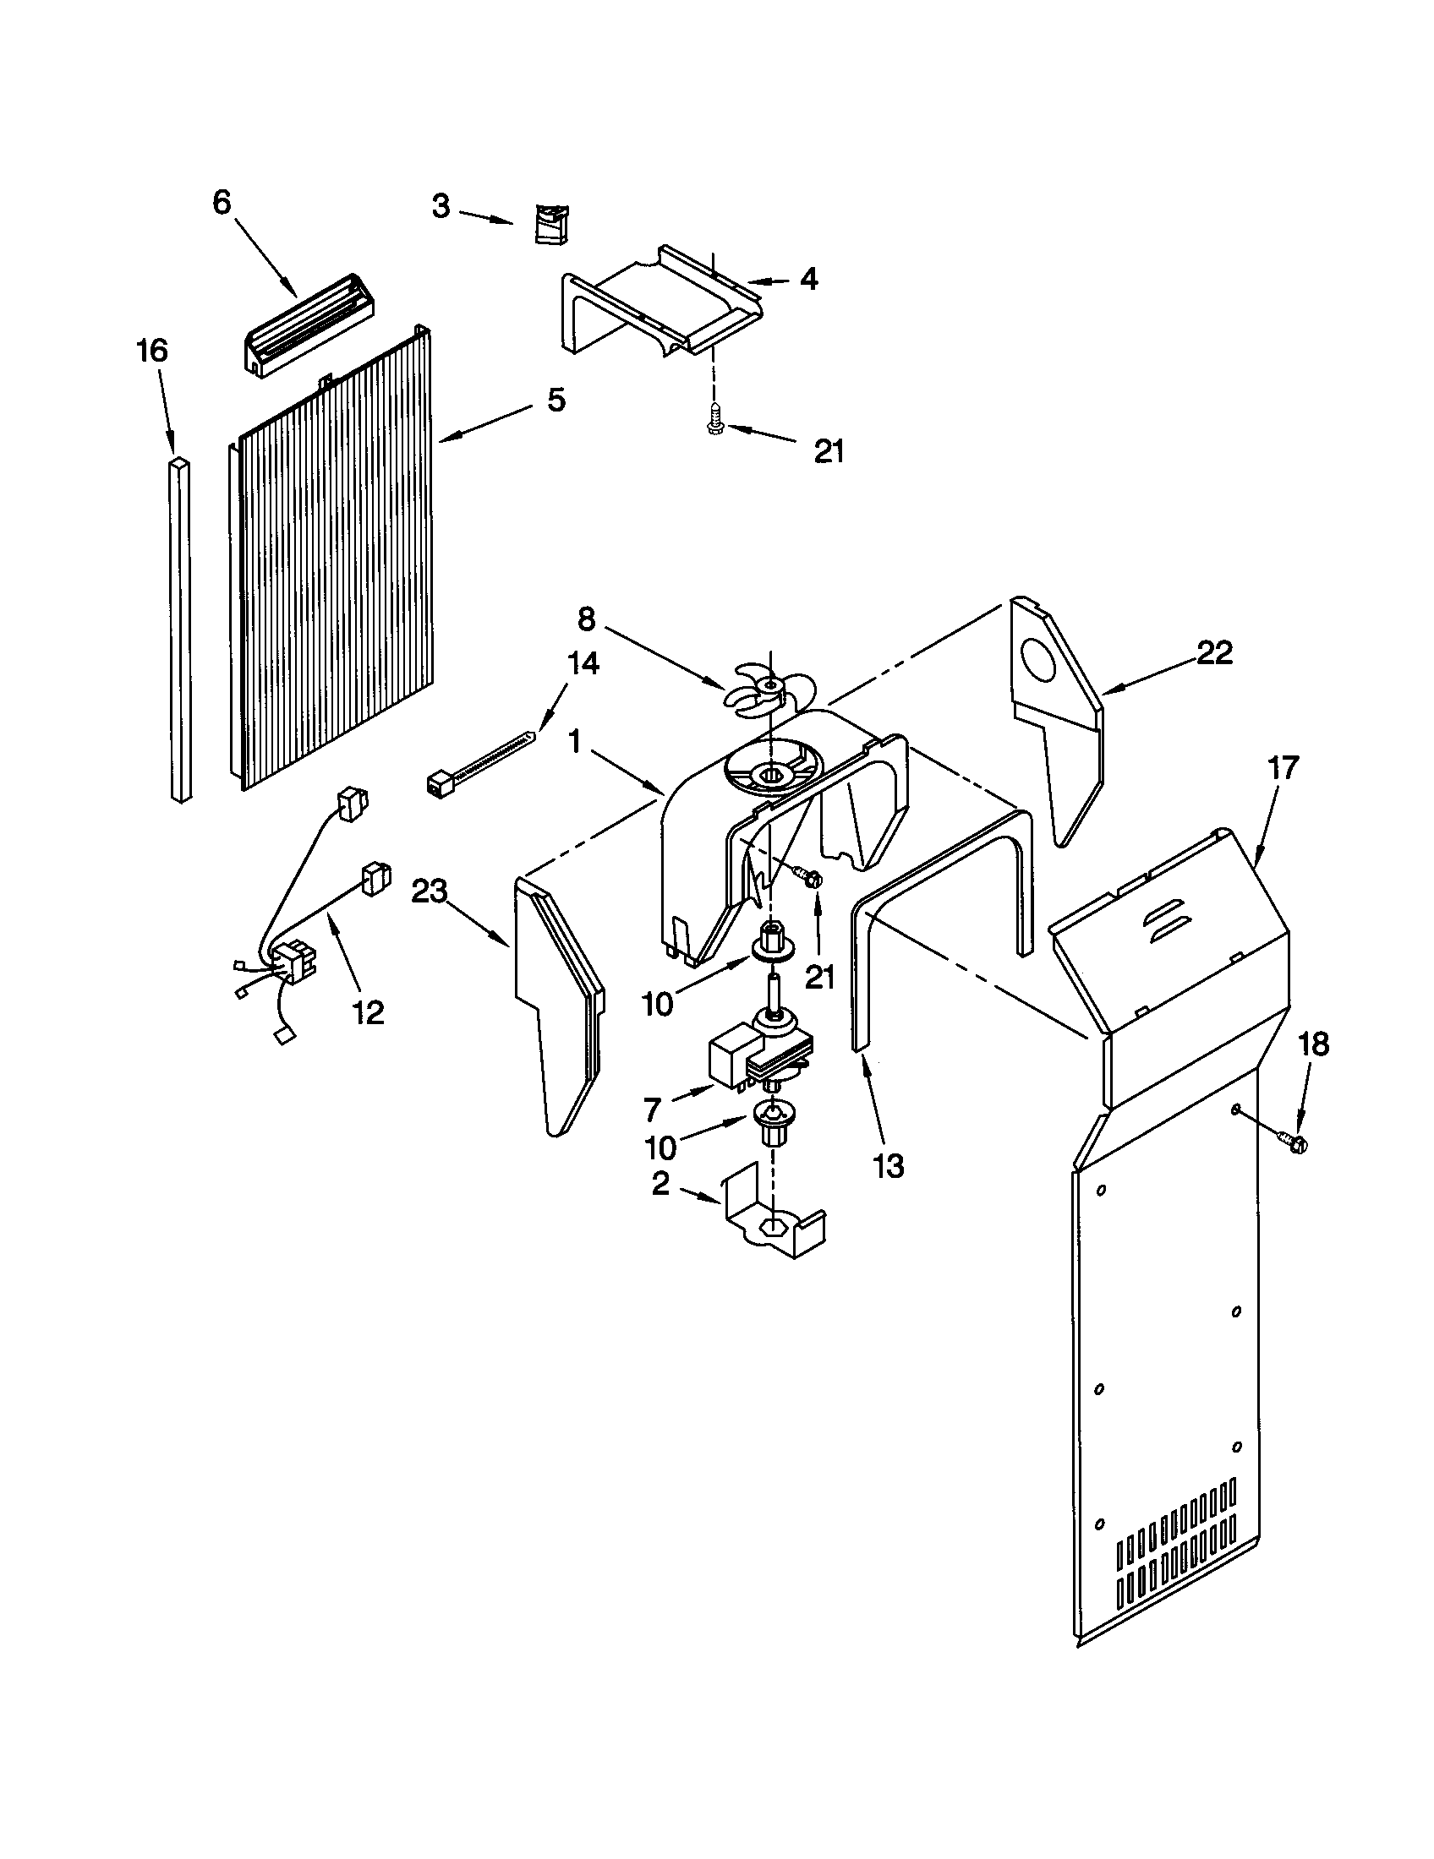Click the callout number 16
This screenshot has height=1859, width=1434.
click(x=152, y=351)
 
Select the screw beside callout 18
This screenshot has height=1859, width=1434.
click(x=1294, y=1144)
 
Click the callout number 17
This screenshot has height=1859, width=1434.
click(x=1283, y=768)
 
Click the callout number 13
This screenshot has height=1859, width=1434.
click(x=887, y=1165)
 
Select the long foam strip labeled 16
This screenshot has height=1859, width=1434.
click(x=181, y=630)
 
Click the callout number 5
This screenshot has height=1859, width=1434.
click(x=556, y=399)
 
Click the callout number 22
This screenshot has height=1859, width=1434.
click(x=1213, y=652)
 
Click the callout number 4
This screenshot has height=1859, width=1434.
click(x=808, y=278)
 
